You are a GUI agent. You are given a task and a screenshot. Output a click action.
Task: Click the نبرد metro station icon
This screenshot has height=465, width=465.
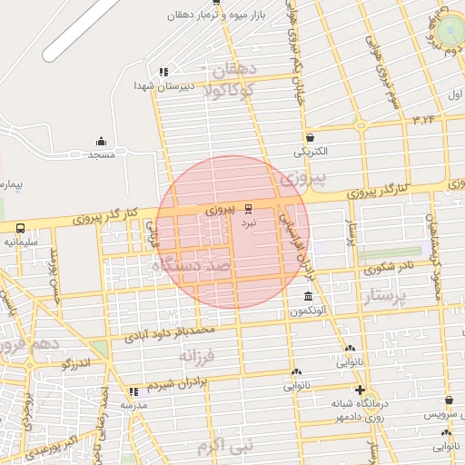point(248,208)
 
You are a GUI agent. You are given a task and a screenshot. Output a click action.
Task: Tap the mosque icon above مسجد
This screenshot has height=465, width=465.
point(101,141)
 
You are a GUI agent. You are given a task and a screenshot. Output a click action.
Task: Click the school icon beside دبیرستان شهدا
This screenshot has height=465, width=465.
point(163,72)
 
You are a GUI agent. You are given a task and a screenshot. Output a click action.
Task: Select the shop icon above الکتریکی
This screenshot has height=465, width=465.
point(311,137)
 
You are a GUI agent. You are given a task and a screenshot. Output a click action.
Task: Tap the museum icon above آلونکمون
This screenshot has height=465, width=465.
point(309,298)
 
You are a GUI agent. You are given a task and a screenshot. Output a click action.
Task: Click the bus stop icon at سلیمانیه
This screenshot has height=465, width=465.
point(20,229)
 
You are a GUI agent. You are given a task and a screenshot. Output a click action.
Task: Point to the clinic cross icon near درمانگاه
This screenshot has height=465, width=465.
point(361,390)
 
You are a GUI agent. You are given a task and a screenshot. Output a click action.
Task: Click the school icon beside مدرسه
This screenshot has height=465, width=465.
point(135,391)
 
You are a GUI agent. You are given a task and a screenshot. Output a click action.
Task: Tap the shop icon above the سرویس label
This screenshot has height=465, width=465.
point(449,401)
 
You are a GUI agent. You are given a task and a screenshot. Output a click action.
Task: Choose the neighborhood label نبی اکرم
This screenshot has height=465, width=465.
point(223,446)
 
